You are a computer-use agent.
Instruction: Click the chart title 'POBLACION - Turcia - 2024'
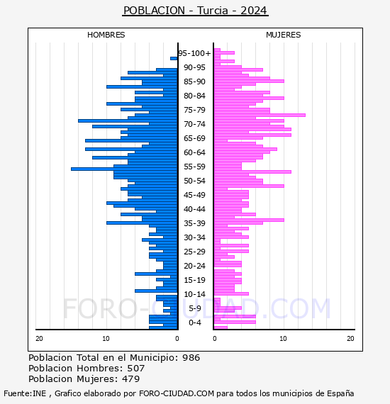(x=195, y=11)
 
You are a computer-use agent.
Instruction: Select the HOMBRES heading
(x=106, y=35)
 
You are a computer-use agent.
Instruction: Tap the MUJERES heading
(x=284, y=35)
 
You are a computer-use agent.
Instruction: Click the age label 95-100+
(x=194, y=53)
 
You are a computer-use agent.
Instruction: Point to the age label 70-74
(x=194, y=124)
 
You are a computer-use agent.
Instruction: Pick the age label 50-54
(x=194, y=181)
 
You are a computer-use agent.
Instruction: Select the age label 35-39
(x=194, y=223)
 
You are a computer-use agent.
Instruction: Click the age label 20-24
(x=194, y=266)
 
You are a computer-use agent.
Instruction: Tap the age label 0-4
(x=194, y=322)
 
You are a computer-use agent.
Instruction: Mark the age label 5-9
(x=194, y=308)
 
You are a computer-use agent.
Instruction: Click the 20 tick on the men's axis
(x=39, y=339)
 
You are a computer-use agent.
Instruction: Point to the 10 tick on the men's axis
(x=106, y=339)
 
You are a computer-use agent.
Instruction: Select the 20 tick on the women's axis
(x=350, y=339)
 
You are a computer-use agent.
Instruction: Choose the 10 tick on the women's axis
(x=283, y=339)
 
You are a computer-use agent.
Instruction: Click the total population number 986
(x=191, y=358)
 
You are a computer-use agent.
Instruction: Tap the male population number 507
(x=136, y=369)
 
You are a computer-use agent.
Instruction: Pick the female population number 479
(x=131, y=379)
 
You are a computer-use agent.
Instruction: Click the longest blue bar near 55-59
(x=124, y=169)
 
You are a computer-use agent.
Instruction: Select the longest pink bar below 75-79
(x=260, y=115)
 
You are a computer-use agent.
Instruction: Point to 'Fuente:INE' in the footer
(x=25, y=393)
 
